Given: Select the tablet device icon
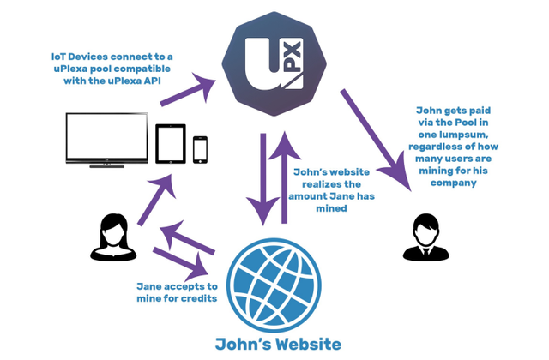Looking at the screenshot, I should point(170,143).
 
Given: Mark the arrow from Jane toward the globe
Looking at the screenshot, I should point(183,259).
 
